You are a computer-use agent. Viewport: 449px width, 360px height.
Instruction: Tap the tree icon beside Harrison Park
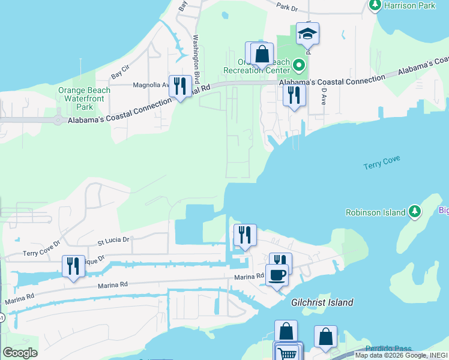(375, 5)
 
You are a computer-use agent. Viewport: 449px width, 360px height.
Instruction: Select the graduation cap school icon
(307, 34)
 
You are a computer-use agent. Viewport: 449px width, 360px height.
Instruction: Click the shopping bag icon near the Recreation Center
(262, 54)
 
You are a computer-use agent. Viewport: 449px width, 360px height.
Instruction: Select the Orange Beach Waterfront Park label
(84, 98)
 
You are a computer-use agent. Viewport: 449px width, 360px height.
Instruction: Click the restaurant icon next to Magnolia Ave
(180, 86)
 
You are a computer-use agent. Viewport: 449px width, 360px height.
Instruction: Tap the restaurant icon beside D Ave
(294, 95)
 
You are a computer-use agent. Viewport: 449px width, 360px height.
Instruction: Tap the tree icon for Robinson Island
(414, 211)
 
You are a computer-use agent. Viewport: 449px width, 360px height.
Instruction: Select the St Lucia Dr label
(113, 239)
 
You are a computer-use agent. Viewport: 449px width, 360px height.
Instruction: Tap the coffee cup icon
(277, 275)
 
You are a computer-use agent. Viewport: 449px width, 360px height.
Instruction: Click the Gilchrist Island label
(322, 302)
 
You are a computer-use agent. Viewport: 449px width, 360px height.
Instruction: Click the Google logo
(20, 353)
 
